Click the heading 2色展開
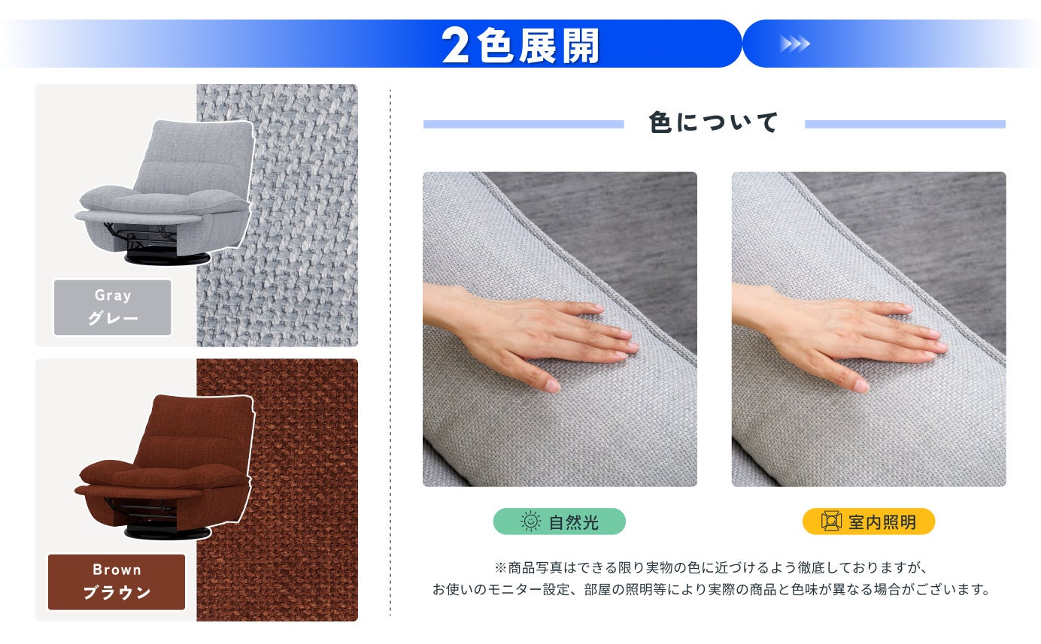(x=520, y=45)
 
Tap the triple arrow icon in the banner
(x=795, y=44)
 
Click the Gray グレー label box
(x=113, y=307)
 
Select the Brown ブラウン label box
(x=116, y=582)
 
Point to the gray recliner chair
(x=165, y=192)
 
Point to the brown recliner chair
(x=165, y=467)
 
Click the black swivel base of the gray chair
(x=167, y=259)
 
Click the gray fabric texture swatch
(x=278, y=216)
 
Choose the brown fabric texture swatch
(x=278, y=490)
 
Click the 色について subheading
(x=714, y=123)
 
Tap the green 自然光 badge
(x=560, y=522)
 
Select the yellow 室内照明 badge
(x=869, y=522)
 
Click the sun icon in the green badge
(x=531, y=522)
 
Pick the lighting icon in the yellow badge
(x=831, y=521)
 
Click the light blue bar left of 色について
(x=524, y=124)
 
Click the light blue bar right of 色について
(x=906, y=124)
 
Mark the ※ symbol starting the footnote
(x=500, y=567)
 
